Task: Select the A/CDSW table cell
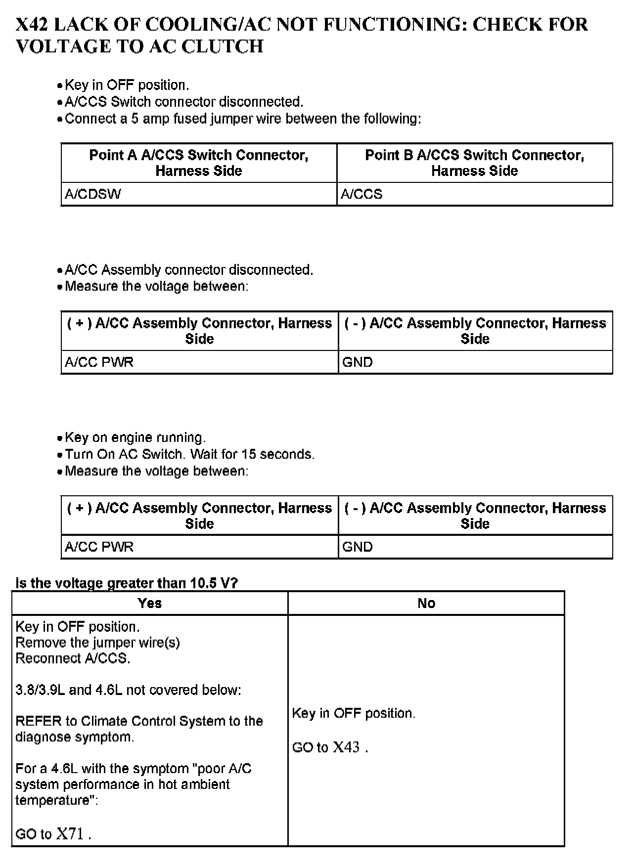tap(93, 194)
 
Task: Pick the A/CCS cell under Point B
tap(362, 194)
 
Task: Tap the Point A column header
tap(199, 163)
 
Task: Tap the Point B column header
tap(475, 163)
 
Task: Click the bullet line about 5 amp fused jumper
tap(243, 119)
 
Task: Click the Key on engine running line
tap(135, 438)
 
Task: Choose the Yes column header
tap(150, 603)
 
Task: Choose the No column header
tap(426, 603)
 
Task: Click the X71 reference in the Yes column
tap(70, 834)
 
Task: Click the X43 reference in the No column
tap(346, 747)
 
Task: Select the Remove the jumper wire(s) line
tap(97, 643)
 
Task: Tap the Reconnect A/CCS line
tap(73, 658)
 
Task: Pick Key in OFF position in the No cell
tap(354, 713)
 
